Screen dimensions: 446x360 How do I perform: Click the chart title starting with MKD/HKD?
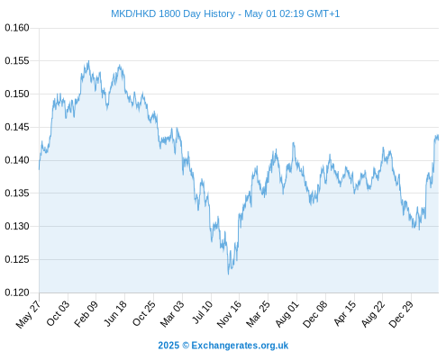click(225, 13)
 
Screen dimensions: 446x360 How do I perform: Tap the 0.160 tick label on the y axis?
click(17, 28)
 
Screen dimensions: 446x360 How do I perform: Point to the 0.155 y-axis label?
click(17, 61)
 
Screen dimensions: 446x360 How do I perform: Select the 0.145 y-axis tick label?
click(17, 127)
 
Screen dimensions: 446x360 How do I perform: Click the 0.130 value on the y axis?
click(17, 226)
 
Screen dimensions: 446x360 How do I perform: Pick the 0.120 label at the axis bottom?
click(17, 292)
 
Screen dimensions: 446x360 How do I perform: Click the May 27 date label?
click(28, 314)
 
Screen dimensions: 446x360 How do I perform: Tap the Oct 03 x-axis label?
click(58, 313)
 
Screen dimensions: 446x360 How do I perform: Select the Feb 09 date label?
click(86, 314)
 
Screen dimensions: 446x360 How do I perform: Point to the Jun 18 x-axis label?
click(115, 313)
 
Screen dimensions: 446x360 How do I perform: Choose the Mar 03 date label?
click(171, 314)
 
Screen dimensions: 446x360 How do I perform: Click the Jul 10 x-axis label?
click(202, 312)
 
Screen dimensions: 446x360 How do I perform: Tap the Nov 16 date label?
click(229, 314)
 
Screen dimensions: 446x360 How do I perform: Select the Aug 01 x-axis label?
click(287, 314)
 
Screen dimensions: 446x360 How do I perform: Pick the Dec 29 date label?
click(401, 314)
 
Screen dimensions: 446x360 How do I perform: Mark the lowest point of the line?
click(228, 274)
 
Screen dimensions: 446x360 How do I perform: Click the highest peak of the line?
click(88, 61)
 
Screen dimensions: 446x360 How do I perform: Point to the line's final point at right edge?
click(439, 139)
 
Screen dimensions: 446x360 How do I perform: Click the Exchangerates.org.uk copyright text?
click(223, 346)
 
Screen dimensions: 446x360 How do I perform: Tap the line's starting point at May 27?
click(39, 169)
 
